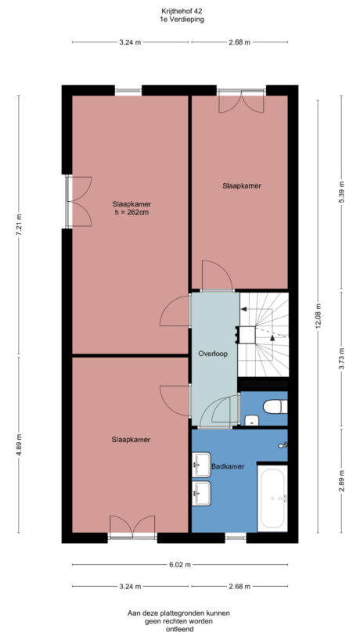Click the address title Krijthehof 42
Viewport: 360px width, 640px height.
180,12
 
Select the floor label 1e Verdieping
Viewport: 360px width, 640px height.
180,20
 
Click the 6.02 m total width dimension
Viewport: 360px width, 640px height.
180,565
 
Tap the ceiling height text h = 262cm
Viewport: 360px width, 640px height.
131,212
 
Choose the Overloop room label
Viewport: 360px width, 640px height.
212,354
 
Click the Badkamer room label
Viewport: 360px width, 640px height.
228,466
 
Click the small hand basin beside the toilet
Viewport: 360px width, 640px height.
250,422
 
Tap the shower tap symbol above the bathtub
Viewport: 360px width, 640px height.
282,446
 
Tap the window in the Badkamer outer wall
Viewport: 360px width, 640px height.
236,538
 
